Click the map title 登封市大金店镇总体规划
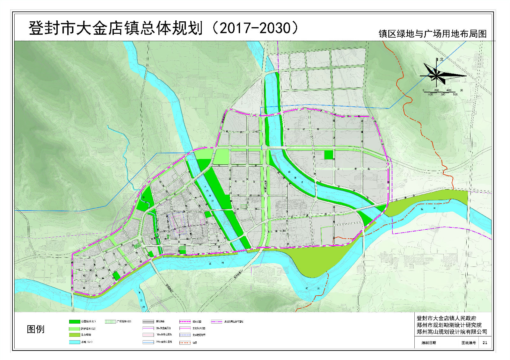click(115, 28)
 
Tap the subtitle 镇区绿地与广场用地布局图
click(432, 34)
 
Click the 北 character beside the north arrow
click(441, 60)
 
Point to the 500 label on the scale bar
click(455, 95)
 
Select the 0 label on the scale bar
click(424, 90)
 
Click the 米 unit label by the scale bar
click(461, 90)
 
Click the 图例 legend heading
click(35, 329)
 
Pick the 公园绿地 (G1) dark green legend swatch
click(74, 322)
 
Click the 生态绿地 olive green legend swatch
click(74, 335)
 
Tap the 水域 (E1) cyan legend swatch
click(74, 342)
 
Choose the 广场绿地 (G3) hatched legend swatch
click(110, 322)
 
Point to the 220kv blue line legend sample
click(148, 342)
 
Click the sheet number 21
click(485, 343)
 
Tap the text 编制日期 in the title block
click(429, 343)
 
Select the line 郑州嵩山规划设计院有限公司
click(452, 332)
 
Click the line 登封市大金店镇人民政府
click(446, 318)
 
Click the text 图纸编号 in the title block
click(469, 343)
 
